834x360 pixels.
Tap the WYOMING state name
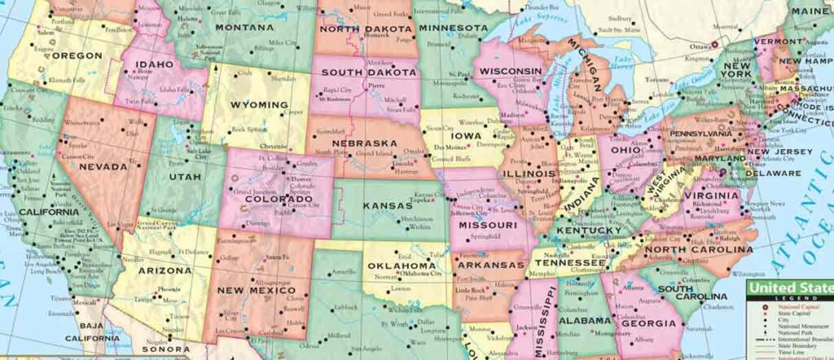(x=259, y=105)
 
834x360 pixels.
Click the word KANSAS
(x=388, y=205)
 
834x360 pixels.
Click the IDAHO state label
(x=154, y=64)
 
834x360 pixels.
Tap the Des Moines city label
(x=449, y=147)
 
